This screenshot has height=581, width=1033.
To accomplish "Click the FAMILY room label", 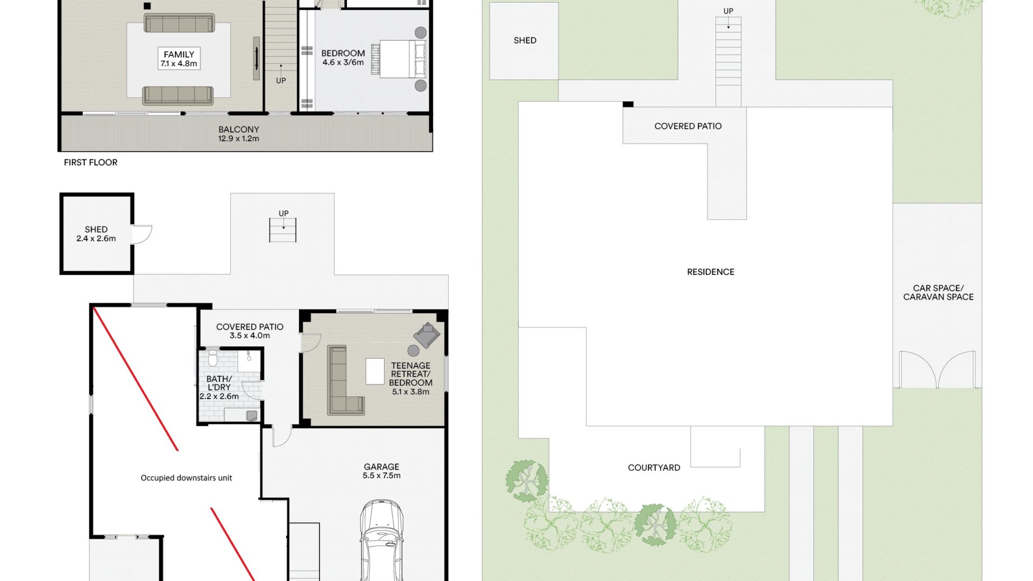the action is pos(179,59).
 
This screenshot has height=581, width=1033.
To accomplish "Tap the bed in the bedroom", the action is pos(399,59).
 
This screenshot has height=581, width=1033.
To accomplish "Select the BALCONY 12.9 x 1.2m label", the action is pos(238,134).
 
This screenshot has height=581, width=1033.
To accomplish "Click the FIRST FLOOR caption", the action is pos(90,162).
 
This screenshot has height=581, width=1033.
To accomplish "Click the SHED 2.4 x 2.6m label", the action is pos(96,234).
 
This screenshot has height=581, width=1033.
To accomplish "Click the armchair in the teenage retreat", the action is pos(427,335).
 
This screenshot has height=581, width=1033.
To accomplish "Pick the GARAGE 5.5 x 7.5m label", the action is pos(381,471).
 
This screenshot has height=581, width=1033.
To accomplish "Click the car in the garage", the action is pos(381,540).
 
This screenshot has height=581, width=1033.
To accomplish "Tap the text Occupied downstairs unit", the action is pos(186,478).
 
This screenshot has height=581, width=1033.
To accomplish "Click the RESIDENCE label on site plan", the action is pos(711,272).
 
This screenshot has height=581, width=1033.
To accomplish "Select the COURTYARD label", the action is pos(654,468).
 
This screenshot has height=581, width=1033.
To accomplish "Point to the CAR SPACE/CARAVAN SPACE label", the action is pos(938,293).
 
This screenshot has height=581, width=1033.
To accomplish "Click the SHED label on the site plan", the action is pos(525,40).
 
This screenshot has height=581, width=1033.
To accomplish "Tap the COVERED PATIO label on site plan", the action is pos(688,126).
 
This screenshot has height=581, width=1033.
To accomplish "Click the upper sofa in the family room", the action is pos(179,24).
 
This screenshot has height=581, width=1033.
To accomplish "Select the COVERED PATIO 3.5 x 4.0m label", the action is pos(250,331).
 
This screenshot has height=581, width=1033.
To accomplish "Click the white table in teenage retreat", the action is pos(375,371).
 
